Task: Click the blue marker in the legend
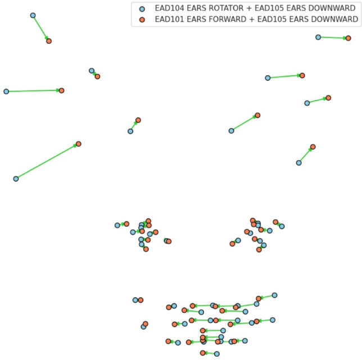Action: tap(142, 9)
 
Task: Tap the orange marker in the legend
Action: tap(142, 19)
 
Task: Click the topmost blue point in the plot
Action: tap(33, 15)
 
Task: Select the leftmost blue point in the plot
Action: tap(6, 91)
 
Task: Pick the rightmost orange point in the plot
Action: tap(349, 38)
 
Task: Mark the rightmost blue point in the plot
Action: tap(318, 37)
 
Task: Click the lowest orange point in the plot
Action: tap(203, 353)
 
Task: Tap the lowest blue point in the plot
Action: tap(217, 354)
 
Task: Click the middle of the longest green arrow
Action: tap(47, 161)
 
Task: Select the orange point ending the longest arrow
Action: tap(79, 144)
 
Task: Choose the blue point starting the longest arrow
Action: tap(16, 179)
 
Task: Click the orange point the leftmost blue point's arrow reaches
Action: tap(62, 90)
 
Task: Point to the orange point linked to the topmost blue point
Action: tap(49, 41)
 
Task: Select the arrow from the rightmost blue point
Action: tap(333, 38)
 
